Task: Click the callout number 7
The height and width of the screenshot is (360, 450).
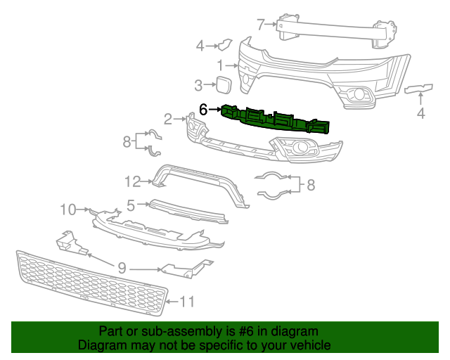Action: [260, 25]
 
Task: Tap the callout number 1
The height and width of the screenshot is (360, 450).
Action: [220, 65]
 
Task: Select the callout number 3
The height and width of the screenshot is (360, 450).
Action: [199, 86]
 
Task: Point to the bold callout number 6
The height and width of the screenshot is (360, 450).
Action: [203, 109]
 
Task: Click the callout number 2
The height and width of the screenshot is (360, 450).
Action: [168, 117]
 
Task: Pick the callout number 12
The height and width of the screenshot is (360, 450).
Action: [133, 182]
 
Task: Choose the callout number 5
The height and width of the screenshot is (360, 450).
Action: [131, 205]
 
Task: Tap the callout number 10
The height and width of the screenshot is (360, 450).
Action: [67, 209]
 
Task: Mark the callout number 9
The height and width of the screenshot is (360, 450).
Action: [122, 268]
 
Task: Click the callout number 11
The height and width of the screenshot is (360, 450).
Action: [186, 302]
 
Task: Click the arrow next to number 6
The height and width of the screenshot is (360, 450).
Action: [215, 110]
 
